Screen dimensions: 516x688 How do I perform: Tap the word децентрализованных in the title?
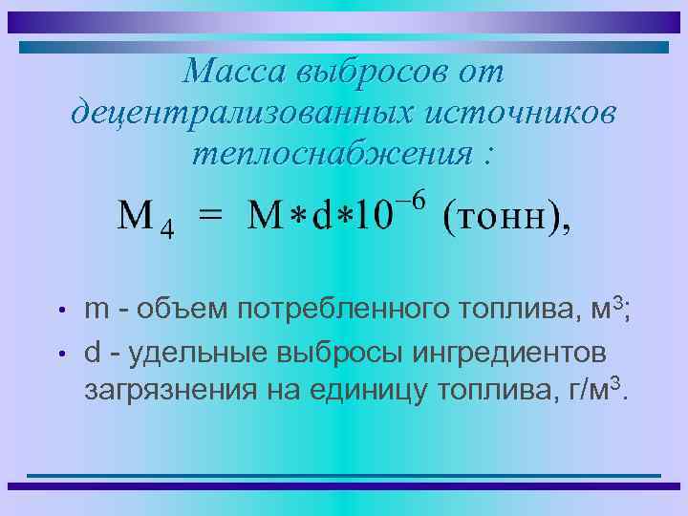pos(234,112)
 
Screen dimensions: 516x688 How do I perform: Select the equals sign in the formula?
pos(210,217)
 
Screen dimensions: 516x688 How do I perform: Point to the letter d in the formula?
pos(323,217)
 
